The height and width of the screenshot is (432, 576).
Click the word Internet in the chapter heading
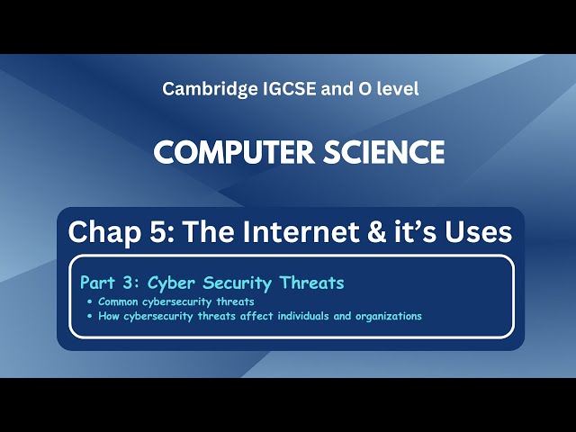(x=294, y=232)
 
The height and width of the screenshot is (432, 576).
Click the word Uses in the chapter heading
(x=478, y=232)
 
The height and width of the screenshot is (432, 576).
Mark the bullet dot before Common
(x=90, y=301)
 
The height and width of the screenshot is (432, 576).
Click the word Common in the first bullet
(x=119, y=301)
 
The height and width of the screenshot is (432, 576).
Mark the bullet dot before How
(x=90, y=316)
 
